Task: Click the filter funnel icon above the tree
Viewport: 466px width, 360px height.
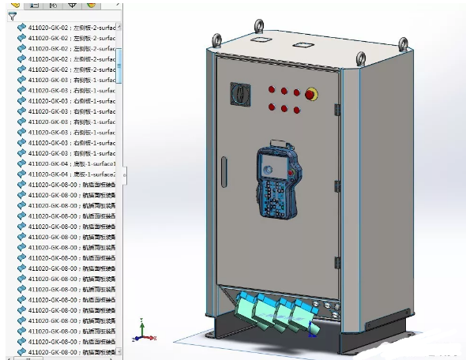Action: coord(12,14)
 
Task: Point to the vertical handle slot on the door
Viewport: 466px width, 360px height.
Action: coord(224,170)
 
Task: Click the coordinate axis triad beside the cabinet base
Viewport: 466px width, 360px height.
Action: coord(142,332)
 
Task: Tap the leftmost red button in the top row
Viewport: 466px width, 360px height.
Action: coord(271,88)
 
